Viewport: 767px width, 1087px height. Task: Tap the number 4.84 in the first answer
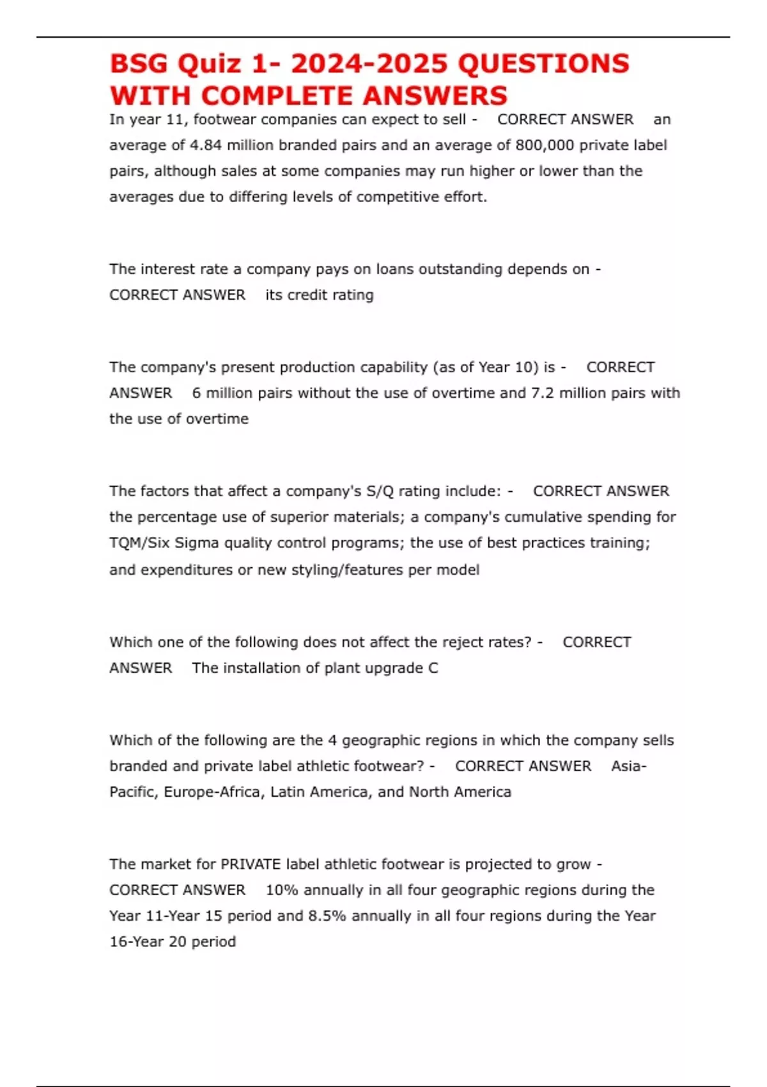[x=205, y=145]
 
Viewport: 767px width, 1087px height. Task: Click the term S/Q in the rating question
[x=381, y=491]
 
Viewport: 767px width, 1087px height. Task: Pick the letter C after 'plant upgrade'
[x=433, y=668]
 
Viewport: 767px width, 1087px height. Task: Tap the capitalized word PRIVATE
[x=251, y=864]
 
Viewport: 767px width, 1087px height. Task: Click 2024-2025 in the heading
[x=369, y=64]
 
